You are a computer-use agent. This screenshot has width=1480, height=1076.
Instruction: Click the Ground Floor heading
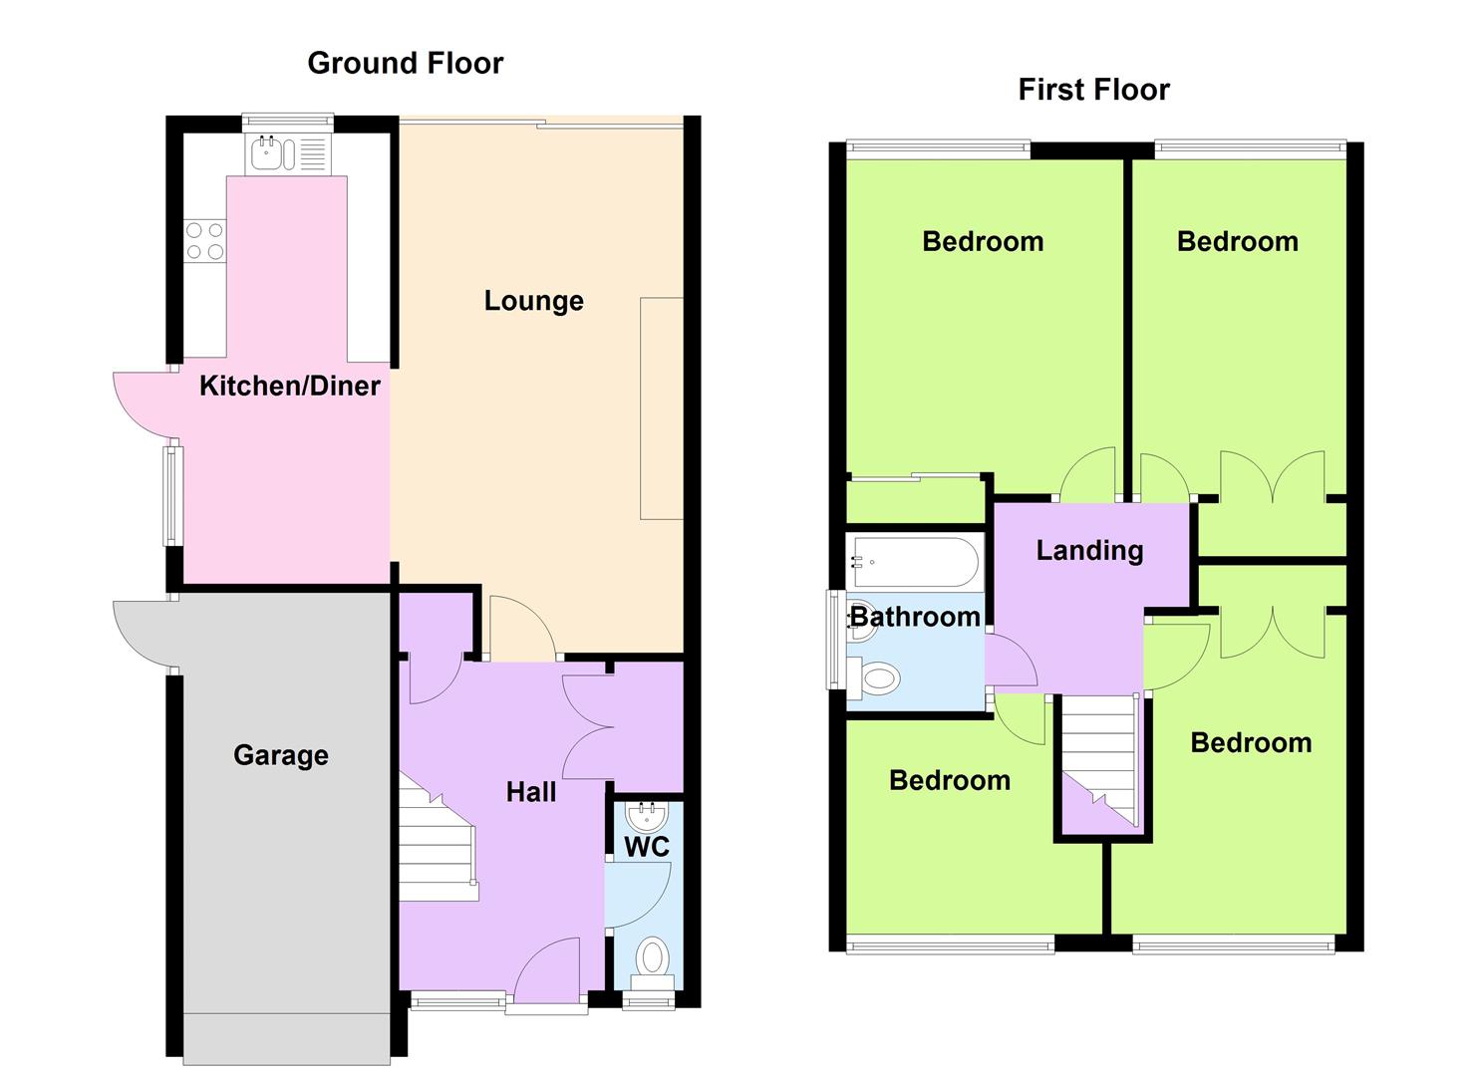click(x=406, y=64)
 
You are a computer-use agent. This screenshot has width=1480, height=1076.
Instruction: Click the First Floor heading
click(x=1093, y=90)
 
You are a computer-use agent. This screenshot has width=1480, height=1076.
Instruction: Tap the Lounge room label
click(x=534, y=301)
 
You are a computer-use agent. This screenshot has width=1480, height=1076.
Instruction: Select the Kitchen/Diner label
click(x=290, y=387)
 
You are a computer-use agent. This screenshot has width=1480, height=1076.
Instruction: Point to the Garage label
click(x=281, y=755)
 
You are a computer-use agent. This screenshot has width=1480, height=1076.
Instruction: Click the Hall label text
click(x=531, y=792)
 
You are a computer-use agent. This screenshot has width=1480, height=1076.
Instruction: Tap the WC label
click(x=647, y=847)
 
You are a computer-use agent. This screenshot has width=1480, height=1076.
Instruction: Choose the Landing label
click(x=1089, y=551)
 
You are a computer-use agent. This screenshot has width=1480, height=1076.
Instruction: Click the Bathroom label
click(x=915, y=617)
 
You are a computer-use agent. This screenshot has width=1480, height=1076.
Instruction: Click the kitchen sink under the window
click(x=287, y=153)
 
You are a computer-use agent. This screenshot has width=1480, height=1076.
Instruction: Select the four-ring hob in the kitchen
click(x=205, y=240)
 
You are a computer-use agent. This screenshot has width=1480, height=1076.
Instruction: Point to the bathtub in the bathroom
click(x=915, y=562)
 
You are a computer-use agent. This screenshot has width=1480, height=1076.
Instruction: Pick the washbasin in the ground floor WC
click(x=647, y=817)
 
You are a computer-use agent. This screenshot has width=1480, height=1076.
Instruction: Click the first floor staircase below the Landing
click(x=1100, y=761)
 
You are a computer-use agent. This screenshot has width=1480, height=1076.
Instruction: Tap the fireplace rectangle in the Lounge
click(x=662, y=408)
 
